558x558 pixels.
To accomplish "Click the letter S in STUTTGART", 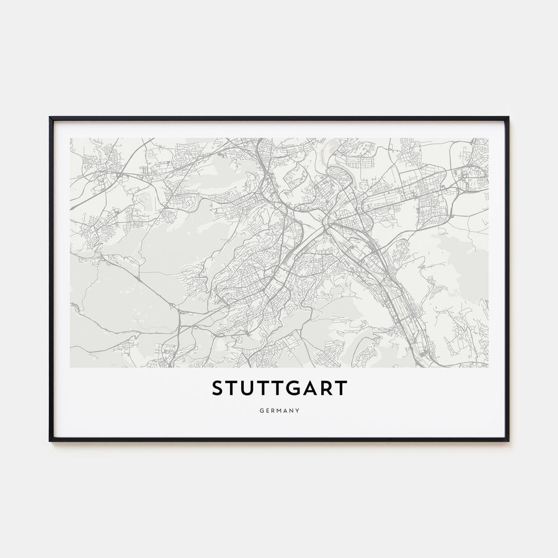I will click(218, 389).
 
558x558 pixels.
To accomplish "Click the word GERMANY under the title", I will click(279, 410).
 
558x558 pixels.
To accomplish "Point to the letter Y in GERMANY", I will click(298, 410).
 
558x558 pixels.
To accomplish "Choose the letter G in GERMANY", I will click(260, 410).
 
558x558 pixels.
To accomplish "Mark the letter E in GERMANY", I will click(266, 410).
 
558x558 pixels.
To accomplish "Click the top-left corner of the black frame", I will click(50, 117).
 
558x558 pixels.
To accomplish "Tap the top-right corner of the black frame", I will click(508, 117).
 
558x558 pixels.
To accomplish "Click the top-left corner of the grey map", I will click(70, 138).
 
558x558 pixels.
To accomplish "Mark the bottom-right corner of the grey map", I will click(488, 367).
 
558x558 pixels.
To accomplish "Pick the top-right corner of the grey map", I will click(488, 138).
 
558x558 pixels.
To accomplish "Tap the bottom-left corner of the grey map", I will click(70, 367).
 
